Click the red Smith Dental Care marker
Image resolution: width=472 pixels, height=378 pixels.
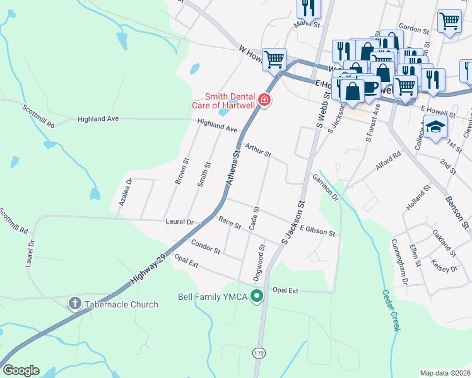(264, 100)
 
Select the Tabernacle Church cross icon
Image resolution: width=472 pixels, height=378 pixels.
(74, 304)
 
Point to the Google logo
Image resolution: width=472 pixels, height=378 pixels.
(21, 370)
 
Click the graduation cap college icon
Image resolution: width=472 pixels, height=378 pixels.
(435, 127)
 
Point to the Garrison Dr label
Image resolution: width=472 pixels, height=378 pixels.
(326, 187)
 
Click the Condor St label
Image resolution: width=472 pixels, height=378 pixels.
(205, 247)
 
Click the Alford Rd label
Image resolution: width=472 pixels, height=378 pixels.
(388, 161)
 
